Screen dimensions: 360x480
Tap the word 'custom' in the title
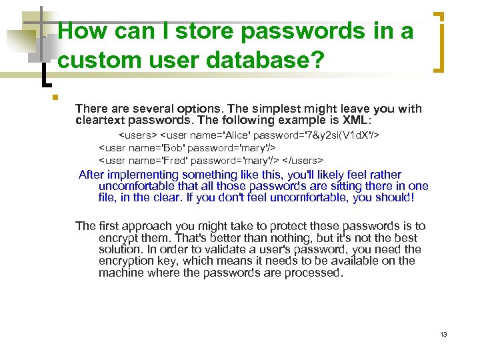coord(95,61)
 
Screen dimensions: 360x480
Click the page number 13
coord(443,334)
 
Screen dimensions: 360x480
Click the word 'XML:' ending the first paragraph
coord(355,120)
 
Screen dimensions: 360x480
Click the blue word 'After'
coord(93,175)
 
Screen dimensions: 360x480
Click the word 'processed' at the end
coord(313,272)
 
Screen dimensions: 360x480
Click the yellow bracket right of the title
coord(439,41)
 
